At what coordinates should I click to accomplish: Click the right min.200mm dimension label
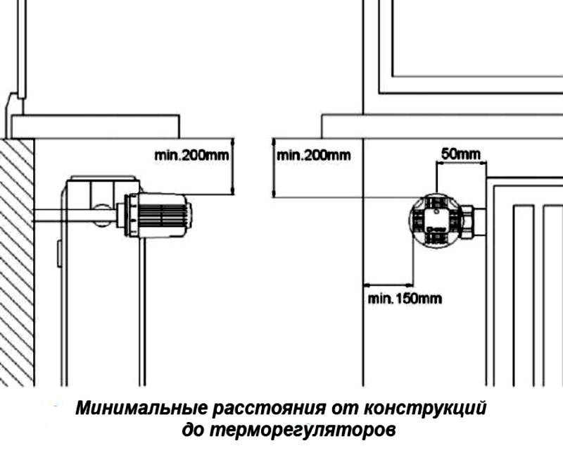[x=313, y=155]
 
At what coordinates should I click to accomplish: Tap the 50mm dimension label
[x=461, y=153]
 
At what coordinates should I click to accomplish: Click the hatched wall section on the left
[x=16, y=261]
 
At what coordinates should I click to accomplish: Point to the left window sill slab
[x=95, y=127]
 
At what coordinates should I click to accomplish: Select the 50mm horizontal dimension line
[x=461, y=163]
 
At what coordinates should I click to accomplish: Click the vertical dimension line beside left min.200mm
[x=231, y=167]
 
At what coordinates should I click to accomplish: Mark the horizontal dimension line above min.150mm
[x=388, y=283]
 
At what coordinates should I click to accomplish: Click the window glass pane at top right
[x=479, y=35]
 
